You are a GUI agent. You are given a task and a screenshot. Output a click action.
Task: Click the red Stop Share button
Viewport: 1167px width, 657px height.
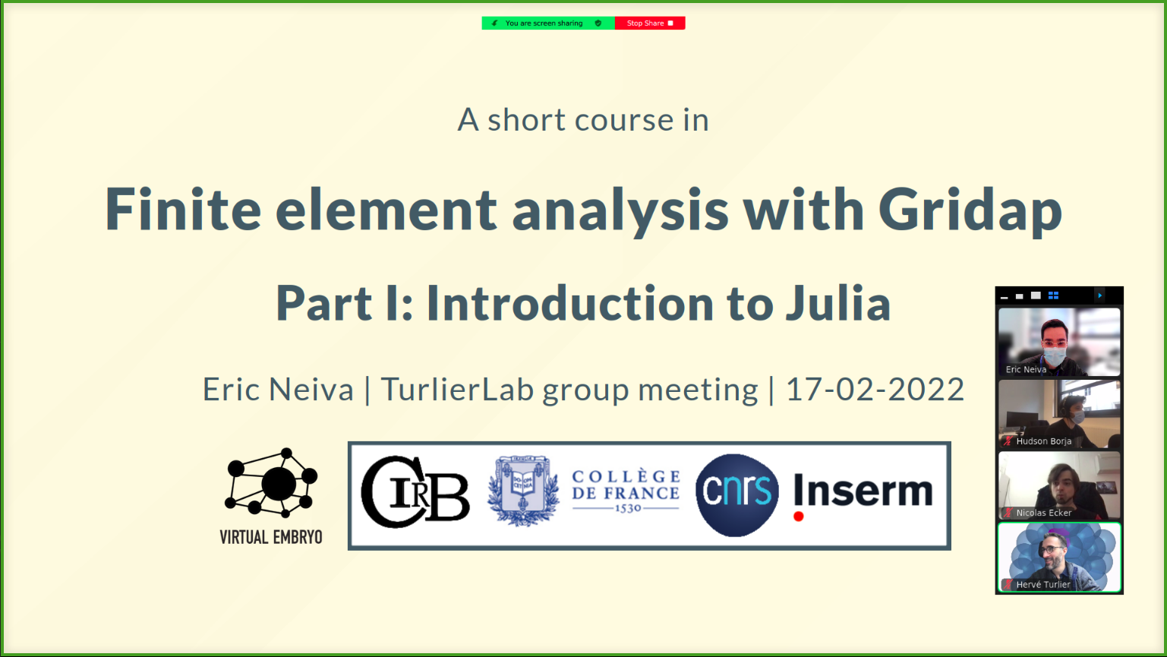(650, 23)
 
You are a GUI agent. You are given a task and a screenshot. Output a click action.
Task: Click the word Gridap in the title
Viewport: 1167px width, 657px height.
(970, 210)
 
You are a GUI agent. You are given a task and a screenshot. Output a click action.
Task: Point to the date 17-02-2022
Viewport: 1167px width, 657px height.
(875, 389)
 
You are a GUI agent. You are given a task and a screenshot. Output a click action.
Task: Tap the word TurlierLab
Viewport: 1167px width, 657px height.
(457, 389)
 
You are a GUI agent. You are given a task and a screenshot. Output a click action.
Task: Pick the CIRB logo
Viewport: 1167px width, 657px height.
(415, 492)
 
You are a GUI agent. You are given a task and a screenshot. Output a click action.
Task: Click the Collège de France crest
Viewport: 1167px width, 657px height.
(523, 491)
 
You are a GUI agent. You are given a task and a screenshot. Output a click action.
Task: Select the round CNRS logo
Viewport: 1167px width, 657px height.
(736, 494)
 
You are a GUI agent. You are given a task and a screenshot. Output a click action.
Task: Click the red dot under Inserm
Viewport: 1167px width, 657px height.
(798, 516)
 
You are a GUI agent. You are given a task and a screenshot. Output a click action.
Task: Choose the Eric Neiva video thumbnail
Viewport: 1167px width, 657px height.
(1058, 342)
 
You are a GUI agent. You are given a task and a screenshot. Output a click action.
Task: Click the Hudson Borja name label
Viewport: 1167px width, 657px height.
(1043, 441)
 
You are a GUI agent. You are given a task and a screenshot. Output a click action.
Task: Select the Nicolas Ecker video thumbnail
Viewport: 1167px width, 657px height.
(1058, 485)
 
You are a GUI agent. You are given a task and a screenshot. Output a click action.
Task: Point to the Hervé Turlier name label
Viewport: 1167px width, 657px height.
(1043, 585)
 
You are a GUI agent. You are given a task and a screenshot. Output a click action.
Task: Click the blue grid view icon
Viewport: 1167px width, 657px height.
(1053, 295)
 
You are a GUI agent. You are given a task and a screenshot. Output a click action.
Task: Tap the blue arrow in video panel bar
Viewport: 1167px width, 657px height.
(1099, 295)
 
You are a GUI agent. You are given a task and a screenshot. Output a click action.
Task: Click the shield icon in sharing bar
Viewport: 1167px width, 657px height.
(598, 23)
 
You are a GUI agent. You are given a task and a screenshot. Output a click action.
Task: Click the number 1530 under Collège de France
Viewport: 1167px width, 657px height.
(628, 507)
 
